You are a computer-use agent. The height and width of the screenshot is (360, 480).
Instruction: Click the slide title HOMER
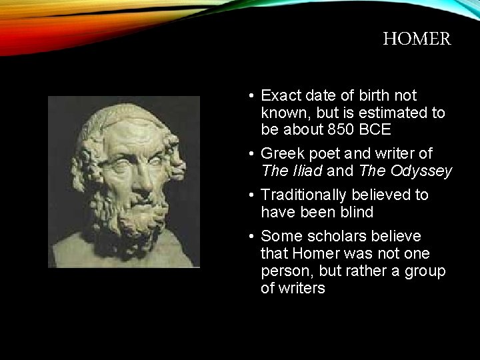pyautogui.click(x=417, y=39)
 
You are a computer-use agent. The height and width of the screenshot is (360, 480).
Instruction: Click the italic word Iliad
pyautogui.click(x=306, y=171)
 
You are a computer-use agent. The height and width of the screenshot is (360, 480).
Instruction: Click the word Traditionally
pyautogui.click(x=302, y=195)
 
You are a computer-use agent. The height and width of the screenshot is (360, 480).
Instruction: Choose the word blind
pyautogui.click(x=356, y=213)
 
